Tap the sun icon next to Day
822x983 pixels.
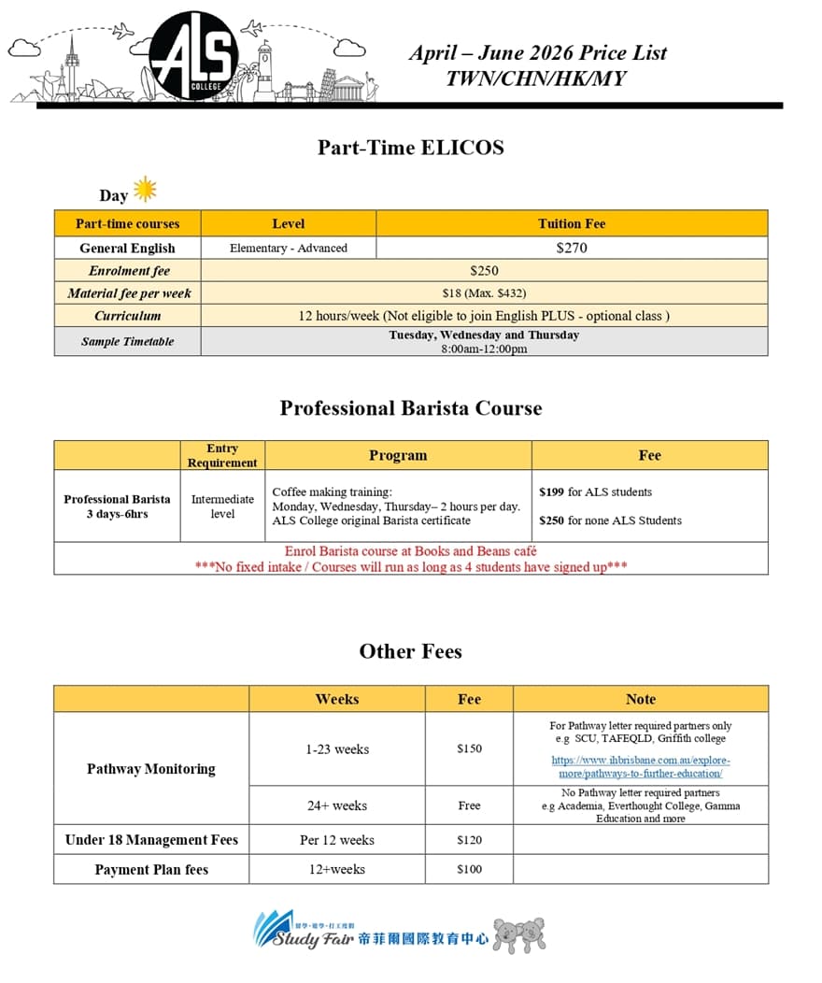145,190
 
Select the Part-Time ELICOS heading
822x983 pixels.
410,148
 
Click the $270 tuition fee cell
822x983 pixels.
572,248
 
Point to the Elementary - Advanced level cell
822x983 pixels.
288,248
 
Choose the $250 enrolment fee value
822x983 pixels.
484,271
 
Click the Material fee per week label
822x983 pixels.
128,293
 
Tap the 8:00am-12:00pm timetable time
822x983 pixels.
484,349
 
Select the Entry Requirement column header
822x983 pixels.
222,455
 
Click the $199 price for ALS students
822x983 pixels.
551,491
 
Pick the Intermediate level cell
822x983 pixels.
222,506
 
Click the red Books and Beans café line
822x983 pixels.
411,551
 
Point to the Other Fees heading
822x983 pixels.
410,651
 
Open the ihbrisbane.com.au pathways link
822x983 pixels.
641,767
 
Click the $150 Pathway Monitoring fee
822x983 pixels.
469,748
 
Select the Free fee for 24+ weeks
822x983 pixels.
469,805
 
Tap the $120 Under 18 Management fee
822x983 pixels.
469,840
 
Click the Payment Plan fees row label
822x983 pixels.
151,870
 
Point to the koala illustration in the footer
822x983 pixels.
518,933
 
